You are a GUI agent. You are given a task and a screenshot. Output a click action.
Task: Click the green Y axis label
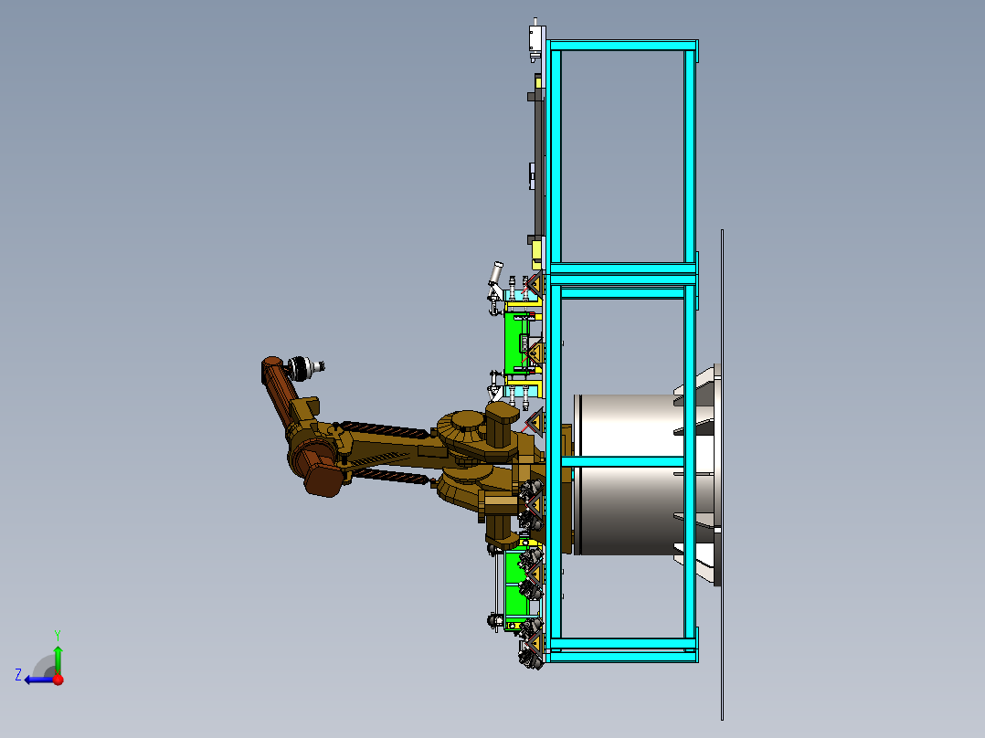tap(58, 635)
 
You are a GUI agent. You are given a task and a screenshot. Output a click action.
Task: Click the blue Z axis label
tap(18, 675)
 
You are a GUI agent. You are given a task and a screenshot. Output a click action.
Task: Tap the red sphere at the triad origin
tap(58, 679)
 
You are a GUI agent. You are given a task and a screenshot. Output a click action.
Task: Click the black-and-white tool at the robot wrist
tap(304, 368)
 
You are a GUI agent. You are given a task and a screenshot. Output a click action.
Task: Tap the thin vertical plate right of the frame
tap(723, 475)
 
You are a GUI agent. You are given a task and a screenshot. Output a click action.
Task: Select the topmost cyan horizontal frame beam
tap(622, 46)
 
